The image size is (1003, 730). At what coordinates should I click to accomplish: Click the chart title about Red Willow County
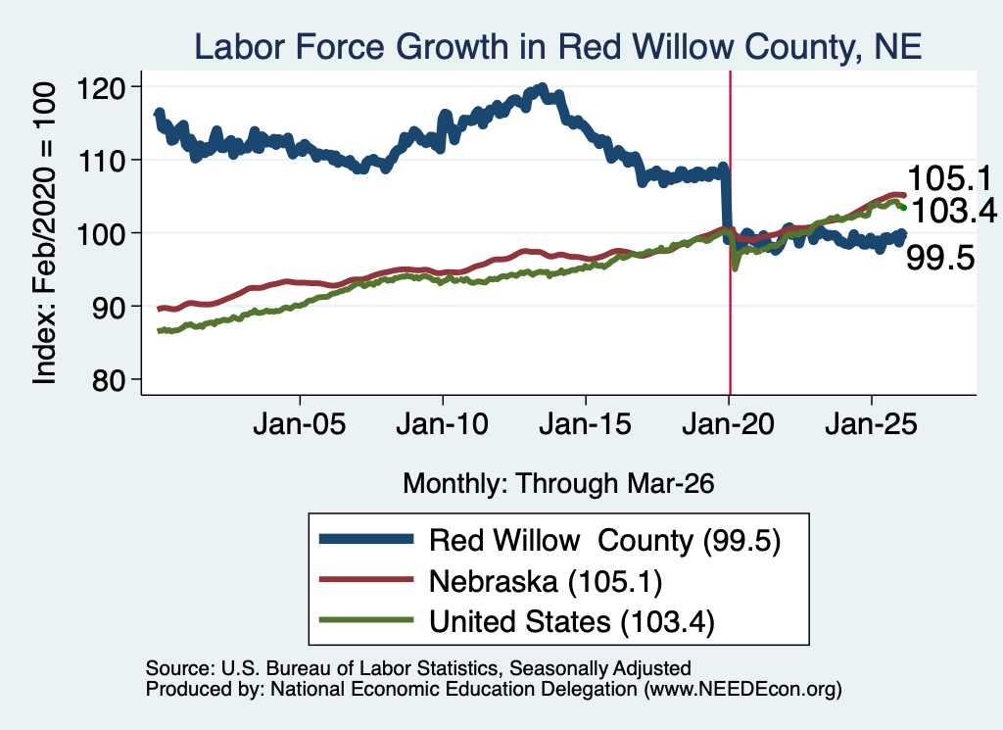(557, 47)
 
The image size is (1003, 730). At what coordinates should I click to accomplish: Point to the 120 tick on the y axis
(101, 87)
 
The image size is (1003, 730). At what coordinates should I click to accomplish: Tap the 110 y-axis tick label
(101, 161)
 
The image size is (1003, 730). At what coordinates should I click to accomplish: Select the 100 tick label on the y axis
(101, 234)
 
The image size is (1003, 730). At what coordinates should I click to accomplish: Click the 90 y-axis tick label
(108, 307)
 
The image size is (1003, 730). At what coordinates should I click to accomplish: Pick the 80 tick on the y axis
(108, 380)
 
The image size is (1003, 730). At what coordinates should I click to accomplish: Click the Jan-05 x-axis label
(300, 424)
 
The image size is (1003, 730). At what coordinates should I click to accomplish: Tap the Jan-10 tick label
(442, 424)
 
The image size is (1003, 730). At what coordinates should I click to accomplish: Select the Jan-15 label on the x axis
(586, 424)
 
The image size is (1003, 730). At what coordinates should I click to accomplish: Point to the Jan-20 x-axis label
(728, 424)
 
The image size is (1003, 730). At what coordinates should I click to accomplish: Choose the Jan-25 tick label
(871, 424)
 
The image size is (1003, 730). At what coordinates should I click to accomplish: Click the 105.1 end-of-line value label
(949, 178)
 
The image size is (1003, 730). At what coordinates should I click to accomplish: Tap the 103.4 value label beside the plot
(954, 211)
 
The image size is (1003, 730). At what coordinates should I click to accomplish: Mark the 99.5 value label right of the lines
(940, 259)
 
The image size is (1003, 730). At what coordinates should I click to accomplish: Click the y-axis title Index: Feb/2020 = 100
(45, 233)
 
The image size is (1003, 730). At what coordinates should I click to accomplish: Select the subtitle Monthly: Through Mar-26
(558, 484)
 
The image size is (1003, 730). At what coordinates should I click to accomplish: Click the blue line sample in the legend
(366, 539)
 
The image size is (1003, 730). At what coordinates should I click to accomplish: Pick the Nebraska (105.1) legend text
(546, 582)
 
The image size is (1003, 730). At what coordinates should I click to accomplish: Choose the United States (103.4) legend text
(572, 622)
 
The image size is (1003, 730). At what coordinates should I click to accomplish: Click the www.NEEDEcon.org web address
(742, 689)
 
